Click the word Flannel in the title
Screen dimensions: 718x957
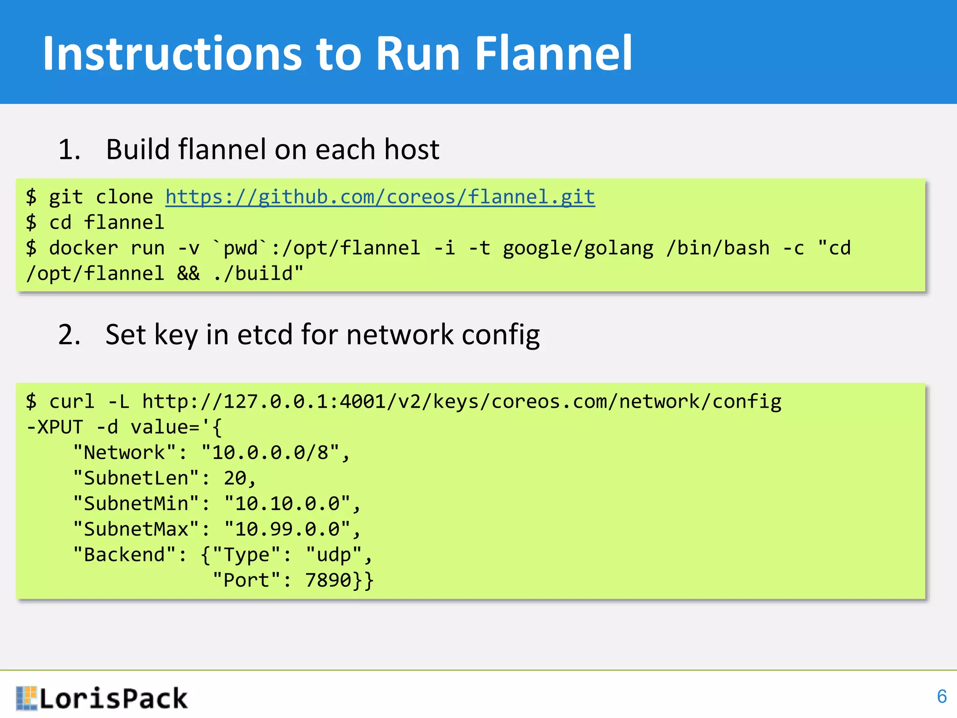553,54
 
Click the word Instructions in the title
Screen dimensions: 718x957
172,54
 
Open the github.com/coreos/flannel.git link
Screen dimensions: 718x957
380,197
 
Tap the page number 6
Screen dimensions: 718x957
942,696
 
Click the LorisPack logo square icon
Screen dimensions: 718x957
26,698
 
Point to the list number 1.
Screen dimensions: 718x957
69,150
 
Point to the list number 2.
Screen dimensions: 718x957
69,335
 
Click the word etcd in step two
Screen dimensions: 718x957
264,335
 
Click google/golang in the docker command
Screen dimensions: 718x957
578,248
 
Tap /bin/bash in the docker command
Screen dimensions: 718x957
718,248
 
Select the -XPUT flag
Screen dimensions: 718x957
55,427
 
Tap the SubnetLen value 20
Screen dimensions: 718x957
235,478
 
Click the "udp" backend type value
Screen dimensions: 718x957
334,555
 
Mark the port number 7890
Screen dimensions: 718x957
328,581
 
